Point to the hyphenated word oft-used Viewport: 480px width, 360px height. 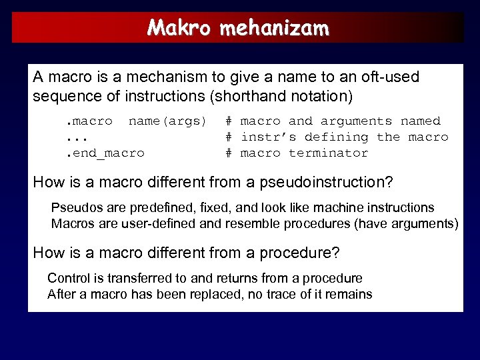[391, 77]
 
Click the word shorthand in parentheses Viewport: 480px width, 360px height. [245, 96]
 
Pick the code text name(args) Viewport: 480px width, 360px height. [167, 121]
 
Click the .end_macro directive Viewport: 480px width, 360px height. [105, 153]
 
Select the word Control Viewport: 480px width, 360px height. [67, 278]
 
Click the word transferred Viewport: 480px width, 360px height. [131, 278]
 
